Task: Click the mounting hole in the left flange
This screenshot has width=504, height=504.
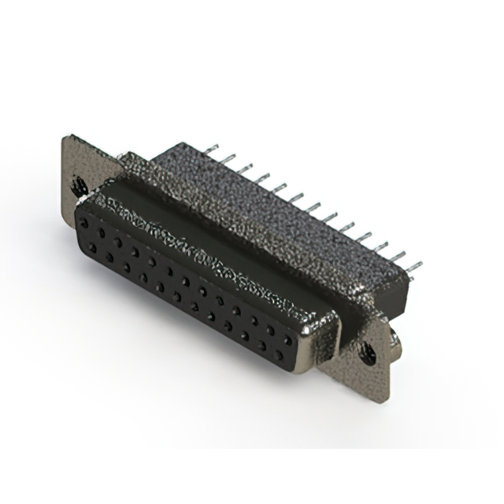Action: pos(79,186)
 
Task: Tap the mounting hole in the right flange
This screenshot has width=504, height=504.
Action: pos(368,354)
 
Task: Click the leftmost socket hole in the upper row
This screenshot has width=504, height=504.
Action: pos(83,224)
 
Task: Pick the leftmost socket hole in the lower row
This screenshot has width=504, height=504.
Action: pos(93,247)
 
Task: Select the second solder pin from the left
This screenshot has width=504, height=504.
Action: pos(227,159)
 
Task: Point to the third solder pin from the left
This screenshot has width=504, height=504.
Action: pos(244,169)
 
